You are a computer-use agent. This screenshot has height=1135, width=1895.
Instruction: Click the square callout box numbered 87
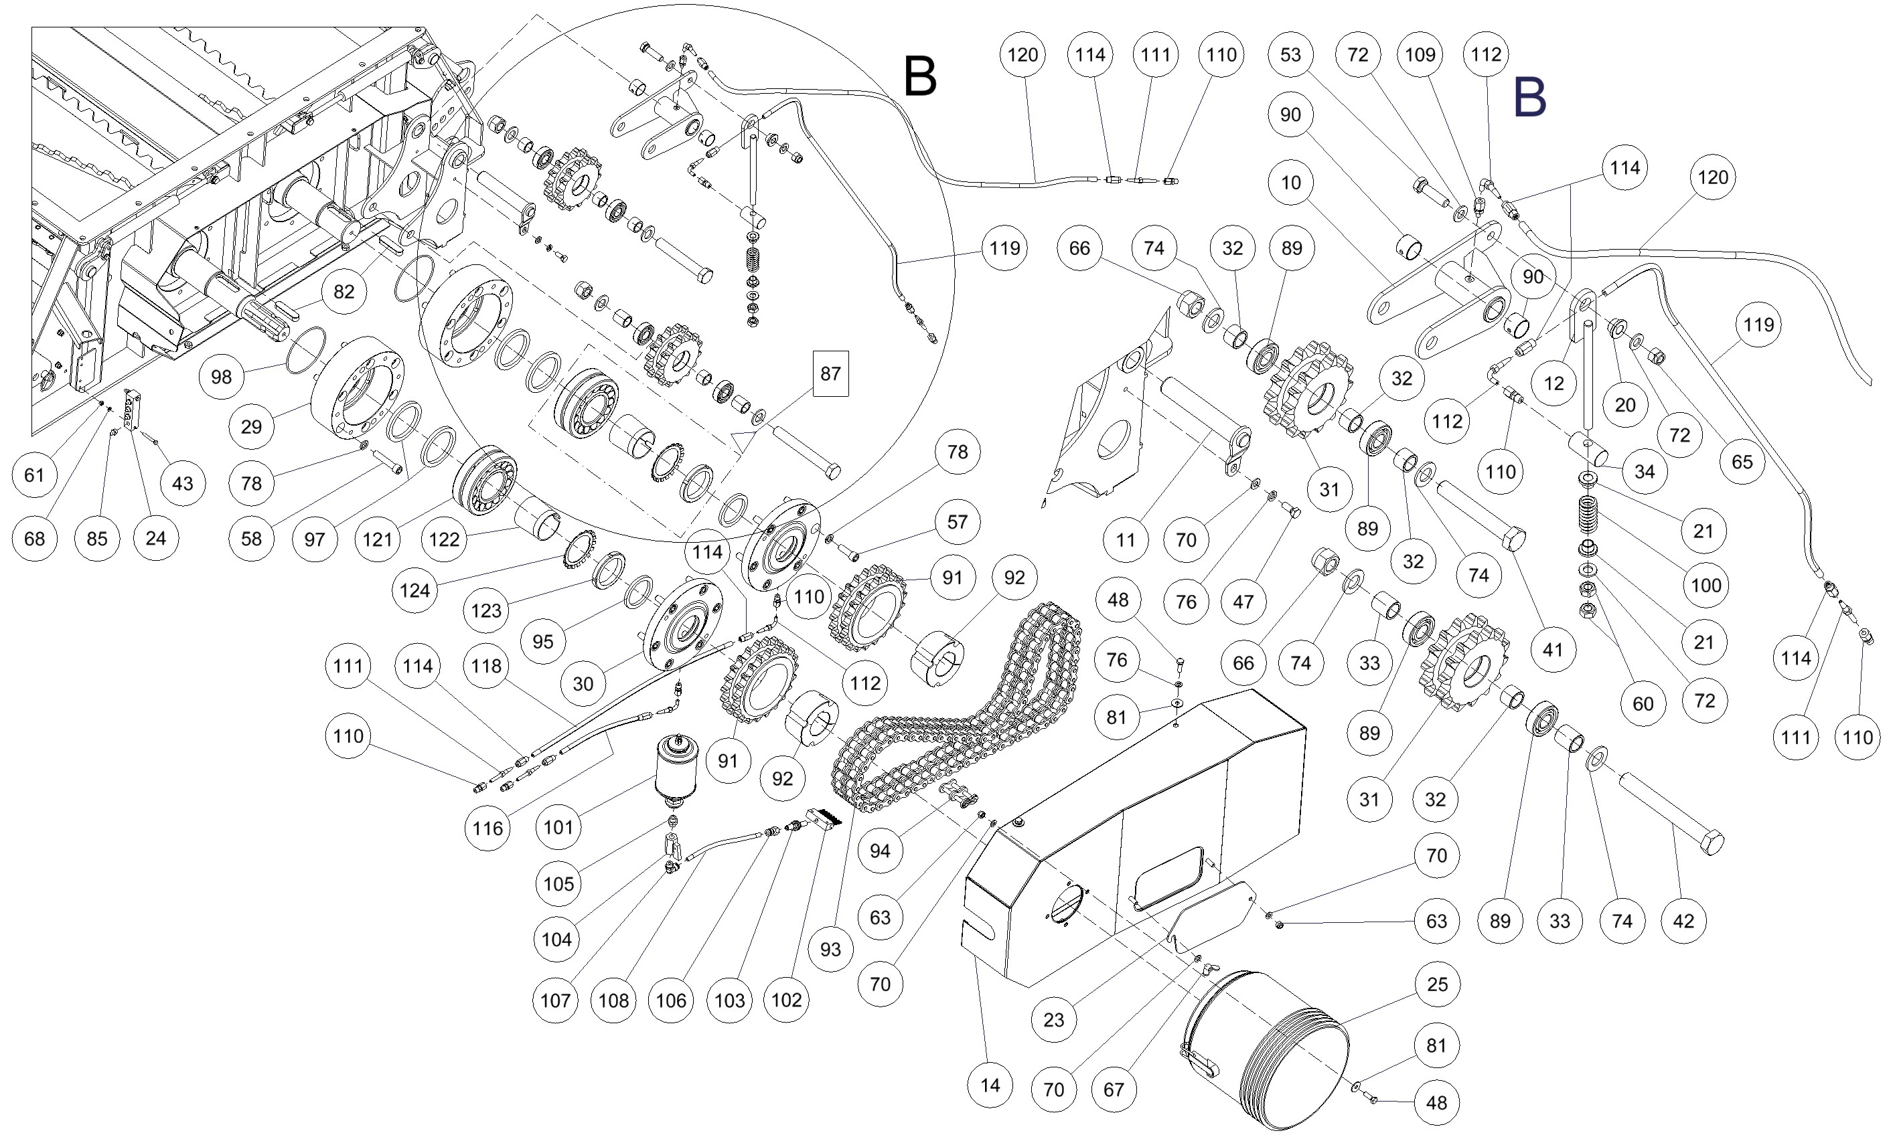830,374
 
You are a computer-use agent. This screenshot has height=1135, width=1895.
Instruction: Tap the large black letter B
919,76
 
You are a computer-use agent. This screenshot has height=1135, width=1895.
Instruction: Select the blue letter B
1530,98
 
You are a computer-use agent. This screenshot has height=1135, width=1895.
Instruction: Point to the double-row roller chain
956,727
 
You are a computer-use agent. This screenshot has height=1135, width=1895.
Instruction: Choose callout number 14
990,1085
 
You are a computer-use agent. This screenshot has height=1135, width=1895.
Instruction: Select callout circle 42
1684,921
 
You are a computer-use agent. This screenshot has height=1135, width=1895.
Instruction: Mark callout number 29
251,427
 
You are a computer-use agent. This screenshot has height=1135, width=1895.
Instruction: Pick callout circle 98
221,377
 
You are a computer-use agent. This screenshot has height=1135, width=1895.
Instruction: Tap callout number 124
414,590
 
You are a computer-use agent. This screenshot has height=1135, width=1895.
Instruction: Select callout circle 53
1290,55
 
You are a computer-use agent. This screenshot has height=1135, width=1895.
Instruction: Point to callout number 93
830,950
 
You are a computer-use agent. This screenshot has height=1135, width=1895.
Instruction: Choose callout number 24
155,539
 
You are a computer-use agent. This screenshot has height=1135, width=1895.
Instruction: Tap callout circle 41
1552,650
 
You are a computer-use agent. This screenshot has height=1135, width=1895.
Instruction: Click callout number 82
344,291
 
